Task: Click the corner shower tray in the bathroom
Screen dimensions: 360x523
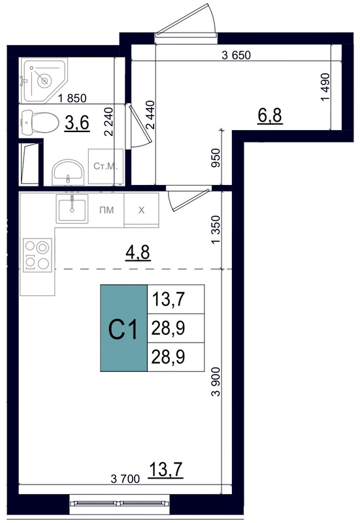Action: (42, 79)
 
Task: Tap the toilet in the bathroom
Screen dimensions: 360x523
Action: (39, 123)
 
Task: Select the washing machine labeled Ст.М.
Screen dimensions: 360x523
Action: (106, 167)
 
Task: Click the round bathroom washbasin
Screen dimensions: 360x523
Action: (69, 172)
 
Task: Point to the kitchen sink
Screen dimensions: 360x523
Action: (72, 209)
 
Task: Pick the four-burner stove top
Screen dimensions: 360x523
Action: (37, 255)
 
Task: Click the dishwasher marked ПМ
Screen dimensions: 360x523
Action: (106, 210)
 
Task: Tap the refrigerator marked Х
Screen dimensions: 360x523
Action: (141, 210)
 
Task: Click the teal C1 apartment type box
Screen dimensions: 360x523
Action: (123, 328)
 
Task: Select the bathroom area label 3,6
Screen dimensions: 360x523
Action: (77, 123)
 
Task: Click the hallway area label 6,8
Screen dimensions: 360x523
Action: (270, 116)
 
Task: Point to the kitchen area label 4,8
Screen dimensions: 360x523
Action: (138, 252)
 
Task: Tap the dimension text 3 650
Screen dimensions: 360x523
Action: (236, 55)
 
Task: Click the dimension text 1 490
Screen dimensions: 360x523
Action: (325, 87)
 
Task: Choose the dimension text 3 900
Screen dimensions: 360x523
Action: (216, 382)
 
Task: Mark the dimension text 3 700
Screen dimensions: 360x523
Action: (125, 479)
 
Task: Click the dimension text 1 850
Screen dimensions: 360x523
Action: (72, 98)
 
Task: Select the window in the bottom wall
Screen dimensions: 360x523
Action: (120, 503)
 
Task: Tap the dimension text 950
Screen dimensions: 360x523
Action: (216, 158)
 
